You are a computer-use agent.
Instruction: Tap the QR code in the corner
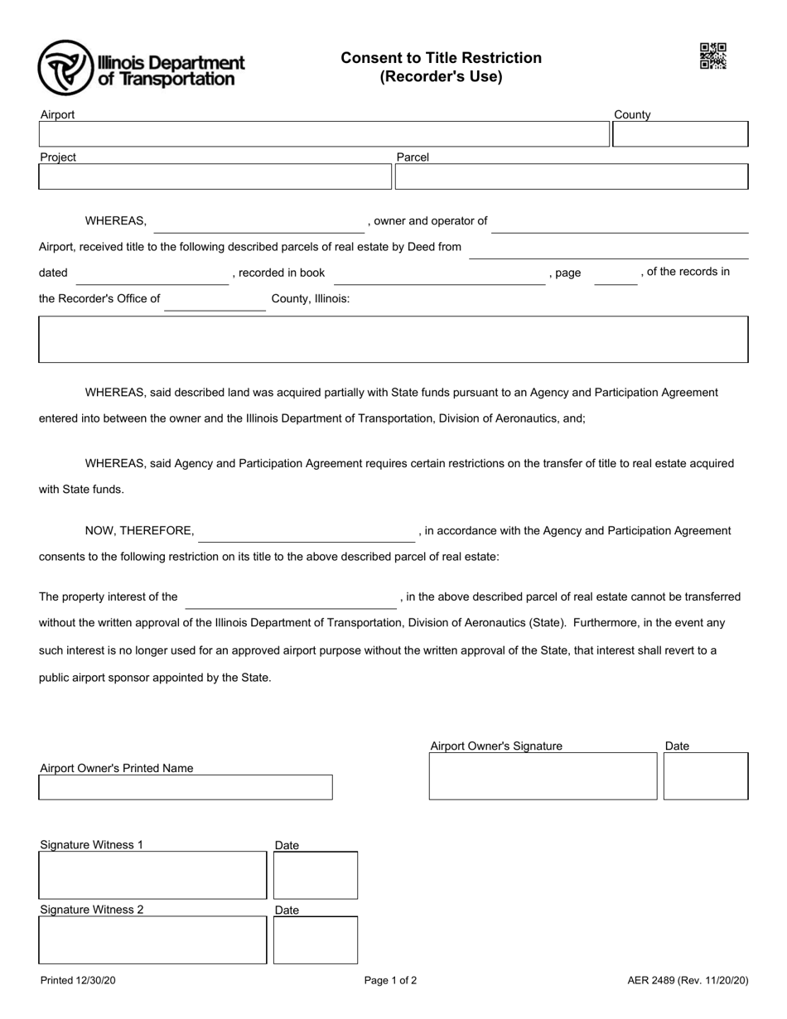[713, 56]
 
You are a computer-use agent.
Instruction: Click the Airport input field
[324, 134]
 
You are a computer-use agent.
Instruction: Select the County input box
[679, 134]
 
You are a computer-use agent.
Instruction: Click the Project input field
[215, 176]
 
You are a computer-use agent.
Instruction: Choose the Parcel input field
[572, 176]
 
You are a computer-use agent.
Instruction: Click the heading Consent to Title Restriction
[441, 58]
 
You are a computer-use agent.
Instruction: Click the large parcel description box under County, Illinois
[393, 339]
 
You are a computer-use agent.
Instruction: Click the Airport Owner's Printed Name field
[186, 787]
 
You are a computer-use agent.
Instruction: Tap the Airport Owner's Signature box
[543, 776]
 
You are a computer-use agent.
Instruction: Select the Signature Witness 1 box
[152, 876]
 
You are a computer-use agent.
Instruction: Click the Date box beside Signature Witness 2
[315, 940]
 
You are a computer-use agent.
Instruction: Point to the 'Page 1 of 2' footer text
[390, 981]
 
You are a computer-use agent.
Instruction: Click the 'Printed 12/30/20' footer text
[78, 981]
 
